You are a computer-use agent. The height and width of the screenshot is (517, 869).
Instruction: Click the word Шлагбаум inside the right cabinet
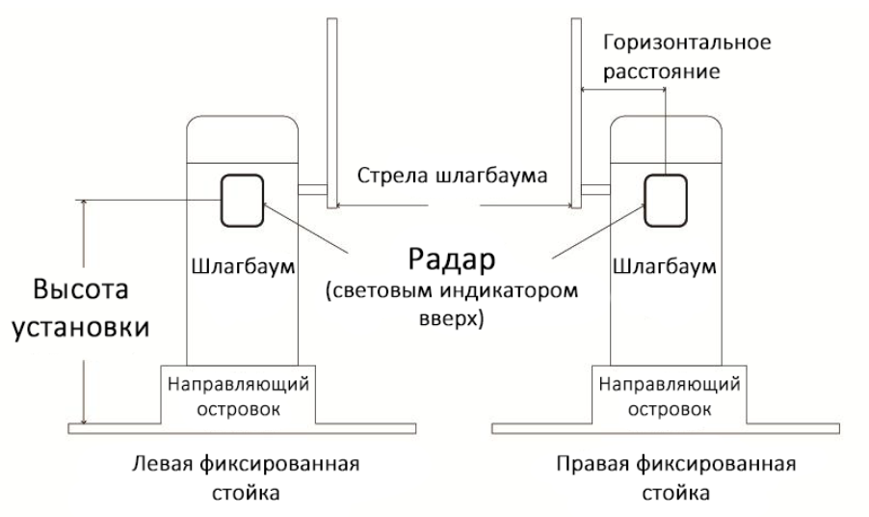pyautogui.click(x=664, y=264)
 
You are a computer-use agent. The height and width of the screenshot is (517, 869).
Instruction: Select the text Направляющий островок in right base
pyautogui.click(x=664, y=395)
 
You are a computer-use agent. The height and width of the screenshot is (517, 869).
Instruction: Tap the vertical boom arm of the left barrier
pyautogui.click(x=330, y=106)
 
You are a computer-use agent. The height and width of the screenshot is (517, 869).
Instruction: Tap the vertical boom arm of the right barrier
pyautogui.click(x=574, y=106)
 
